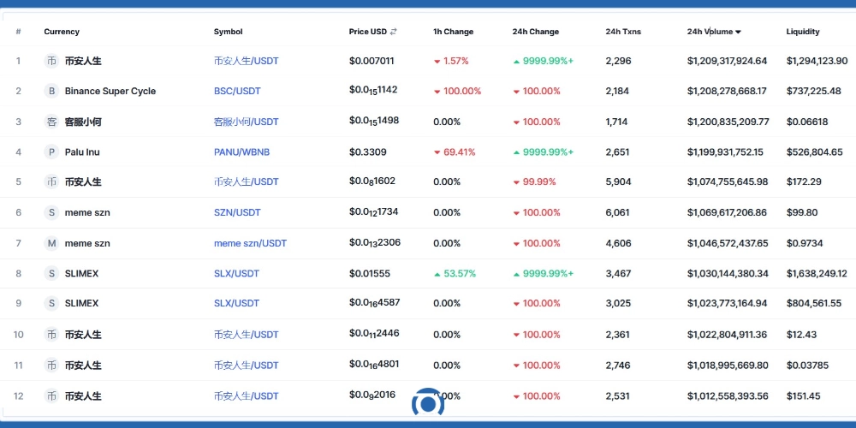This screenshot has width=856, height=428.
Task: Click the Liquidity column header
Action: click(x=802, y=32)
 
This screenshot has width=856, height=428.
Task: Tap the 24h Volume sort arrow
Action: click(x=738, y=33)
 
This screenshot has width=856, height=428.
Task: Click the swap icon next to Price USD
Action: click(x=394, y=33)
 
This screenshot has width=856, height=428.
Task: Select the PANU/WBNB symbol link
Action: click(x=241, y=152)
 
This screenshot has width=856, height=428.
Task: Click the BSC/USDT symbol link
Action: click(x=237, y=91)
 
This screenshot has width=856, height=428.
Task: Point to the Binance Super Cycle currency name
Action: click(x=110, y=91)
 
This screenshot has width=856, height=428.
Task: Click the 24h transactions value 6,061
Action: click(x=617, y=212)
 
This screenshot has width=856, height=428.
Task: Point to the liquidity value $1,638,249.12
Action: click(x=816, y=273)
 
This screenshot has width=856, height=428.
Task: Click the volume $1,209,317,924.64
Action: click(x=727, y=61)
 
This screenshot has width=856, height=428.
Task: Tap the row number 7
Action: click(x=18, y=243)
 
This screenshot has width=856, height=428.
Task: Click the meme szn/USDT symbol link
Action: click(x=250, y=243)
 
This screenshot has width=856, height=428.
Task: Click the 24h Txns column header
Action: click(x=622, y=32)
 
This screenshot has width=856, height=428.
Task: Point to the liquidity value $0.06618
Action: click(x=806, y=122)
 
